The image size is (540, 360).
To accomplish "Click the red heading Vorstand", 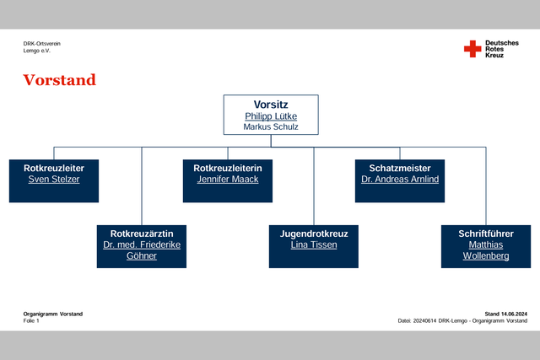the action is click(x=60, y=80).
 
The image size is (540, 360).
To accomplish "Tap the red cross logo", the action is click(x=472, y=49).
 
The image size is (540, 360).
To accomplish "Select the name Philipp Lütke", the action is click(x=271, y=116).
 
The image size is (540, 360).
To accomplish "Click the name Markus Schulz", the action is click(x=271, y=127).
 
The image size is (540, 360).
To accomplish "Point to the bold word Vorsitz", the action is click(x=271, y=105).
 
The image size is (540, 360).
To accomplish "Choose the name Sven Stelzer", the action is click(x=54, y=180).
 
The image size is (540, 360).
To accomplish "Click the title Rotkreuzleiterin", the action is click(x=228, y=169).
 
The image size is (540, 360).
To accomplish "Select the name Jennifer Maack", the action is click(x=228, y=180).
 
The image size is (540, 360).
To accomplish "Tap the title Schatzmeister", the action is click(x=400, y=169).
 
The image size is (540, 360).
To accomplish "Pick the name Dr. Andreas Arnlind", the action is click(x=400, y=180).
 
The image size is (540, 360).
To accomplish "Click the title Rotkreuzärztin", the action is click(x=142, y=234).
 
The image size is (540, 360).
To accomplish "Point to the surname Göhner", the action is click(x=142, y=256).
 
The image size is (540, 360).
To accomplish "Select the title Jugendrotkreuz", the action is click(x=314, y=234).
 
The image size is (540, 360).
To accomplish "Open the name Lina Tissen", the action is click(x=314, y=245).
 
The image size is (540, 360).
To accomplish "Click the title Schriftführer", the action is click(x=486, y=234).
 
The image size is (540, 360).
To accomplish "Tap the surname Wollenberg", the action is click(x=486, y=256).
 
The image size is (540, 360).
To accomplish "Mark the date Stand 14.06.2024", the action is click(x=506, y=314).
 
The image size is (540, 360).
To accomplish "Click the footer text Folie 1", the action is click(x=31, y=320).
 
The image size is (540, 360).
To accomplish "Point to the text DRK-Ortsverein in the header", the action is click(x=42, y=44).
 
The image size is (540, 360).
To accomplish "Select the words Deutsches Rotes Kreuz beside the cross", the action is click(x=502, y=49).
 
